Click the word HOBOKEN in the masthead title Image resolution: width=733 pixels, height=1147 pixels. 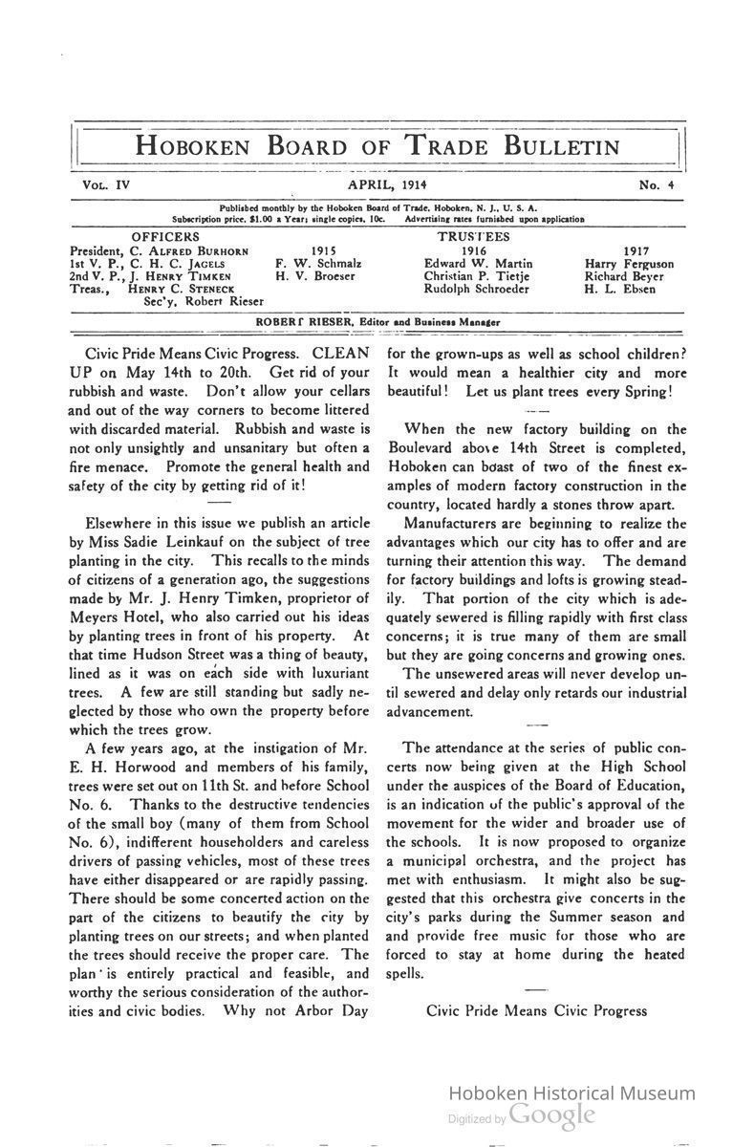click(193, 146)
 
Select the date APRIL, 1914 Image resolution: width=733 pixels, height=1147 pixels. click(387, 185)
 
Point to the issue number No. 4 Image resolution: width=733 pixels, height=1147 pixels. click(657, 185)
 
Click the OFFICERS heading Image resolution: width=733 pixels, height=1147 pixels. click(165, 236)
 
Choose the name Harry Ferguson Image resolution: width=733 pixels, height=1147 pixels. click(629, 264)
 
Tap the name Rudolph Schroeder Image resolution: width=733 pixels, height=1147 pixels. click(476, 290)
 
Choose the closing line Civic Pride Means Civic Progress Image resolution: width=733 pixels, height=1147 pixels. click(536, 1010)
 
